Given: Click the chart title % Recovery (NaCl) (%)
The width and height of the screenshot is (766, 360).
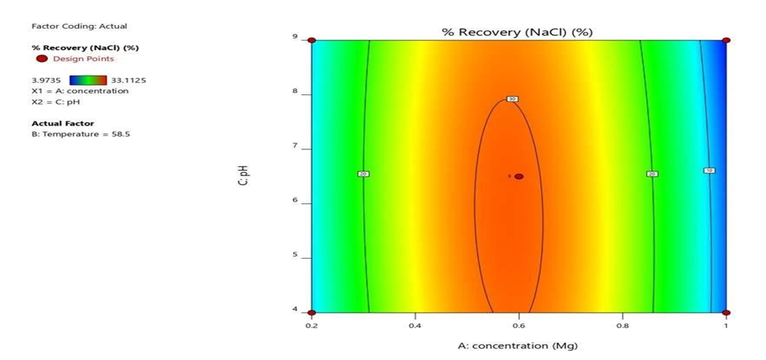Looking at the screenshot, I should pyautogui.click(x=519, y=31).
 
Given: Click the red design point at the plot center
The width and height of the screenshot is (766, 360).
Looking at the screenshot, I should pyautogui.click(x=519, y=176).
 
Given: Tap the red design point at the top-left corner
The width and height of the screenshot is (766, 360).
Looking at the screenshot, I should pyautogui.click(x=312, y=41).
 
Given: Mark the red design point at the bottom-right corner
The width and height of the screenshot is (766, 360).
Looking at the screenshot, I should pyautogui.click(x=726, y=312).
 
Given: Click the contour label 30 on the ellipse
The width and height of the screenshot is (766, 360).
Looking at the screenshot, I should pyautogui.click(x=512, y=99).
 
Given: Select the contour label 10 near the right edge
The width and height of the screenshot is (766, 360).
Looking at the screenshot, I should pyautogui.click(x=708, y=170).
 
